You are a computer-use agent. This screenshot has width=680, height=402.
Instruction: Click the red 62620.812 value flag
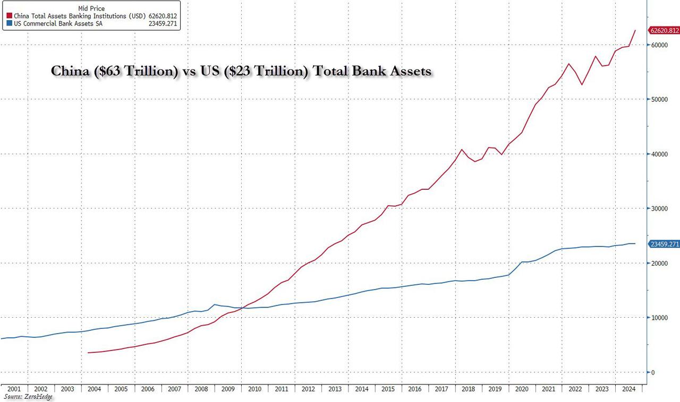coord(663,31)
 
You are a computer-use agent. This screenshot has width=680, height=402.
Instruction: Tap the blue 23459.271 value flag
coord(663,244)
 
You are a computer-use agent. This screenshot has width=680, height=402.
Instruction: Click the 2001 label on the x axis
coord(14,389)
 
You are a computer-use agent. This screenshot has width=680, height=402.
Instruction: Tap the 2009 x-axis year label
coord(228,389)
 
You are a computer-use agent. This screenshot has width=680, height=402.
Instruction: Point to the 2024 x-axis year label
coord(629,389)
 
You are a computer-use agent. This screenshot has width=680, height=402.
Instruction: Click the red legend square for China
coord(5,16)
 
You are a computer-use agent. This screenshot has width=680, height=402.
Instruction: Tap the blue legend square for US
coord(5,24)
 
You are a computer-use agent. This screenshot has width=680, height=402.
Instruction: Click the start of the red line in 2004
coord(88,353)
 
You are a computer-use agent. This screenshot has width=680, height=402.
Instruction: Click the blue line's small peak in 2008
coord(214,304)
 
